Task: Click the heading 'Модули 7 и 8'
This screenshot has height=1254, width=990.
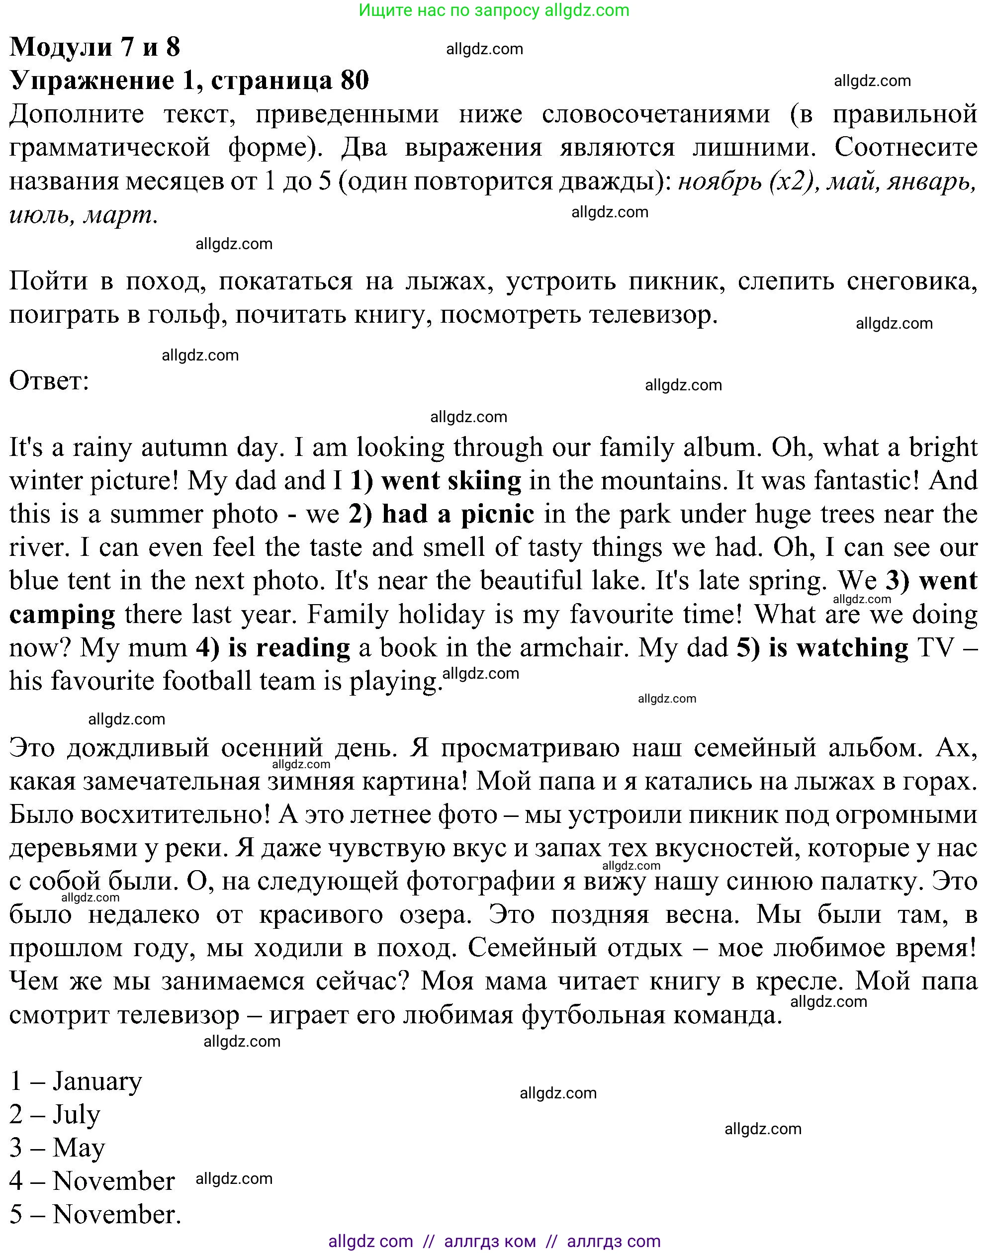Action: click(94, 46)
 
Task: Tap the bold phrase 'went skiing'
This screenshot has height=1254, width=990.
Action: click(451, 481)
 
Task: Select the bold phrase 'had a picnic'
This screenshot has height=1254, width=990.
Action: click(458, 515)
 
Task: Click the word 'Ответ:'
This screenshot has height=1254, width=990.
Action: click(49, 381)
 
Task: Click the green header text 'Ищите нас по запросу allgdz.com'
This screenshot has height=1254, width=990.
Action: click(494, 10)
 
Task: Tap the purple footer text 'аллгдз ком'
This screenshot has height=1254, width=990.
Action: click(490, 1241)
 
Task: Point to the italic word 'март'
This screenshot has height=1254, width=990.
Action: click(120, 216)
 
